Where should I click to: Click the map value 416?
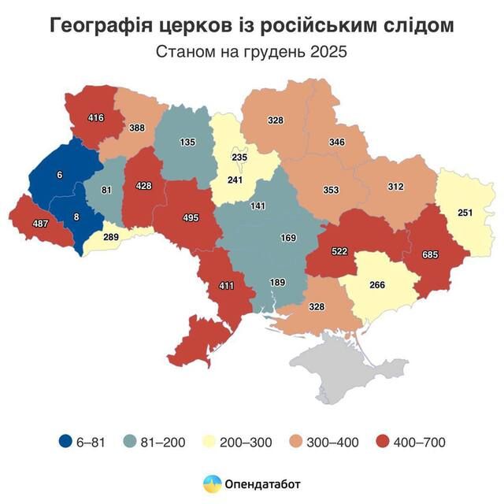coord(96,119)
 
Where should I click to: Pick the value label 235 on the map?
coord(239,157)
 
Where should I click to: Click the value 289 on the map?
coord(113,236)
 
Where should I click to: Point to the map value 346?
coord(337,143)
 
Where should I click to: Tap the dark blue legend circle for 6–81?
coord(66,442)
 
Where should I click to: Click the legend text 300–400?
coord(338,442)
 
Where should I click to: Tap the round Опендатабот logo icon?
coord(212,484)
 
